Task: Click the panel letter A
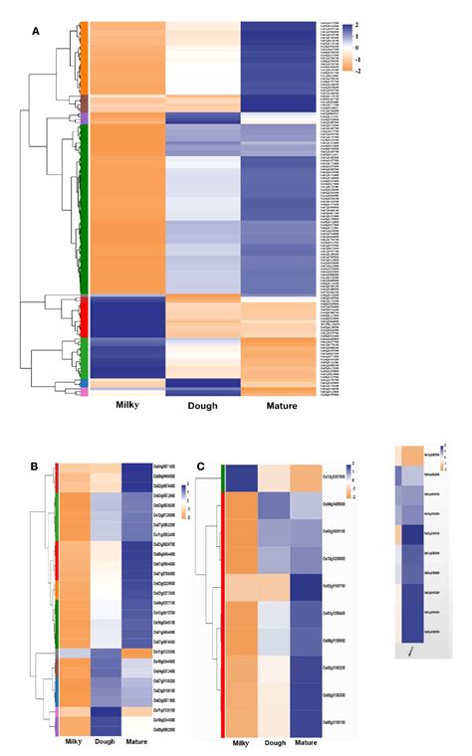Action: pos(36,31)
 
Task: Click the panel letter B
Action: pos(36,466)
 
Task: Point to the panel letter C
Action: pos(202,466)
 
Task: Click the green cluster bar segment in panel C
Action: pos(222,478)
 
